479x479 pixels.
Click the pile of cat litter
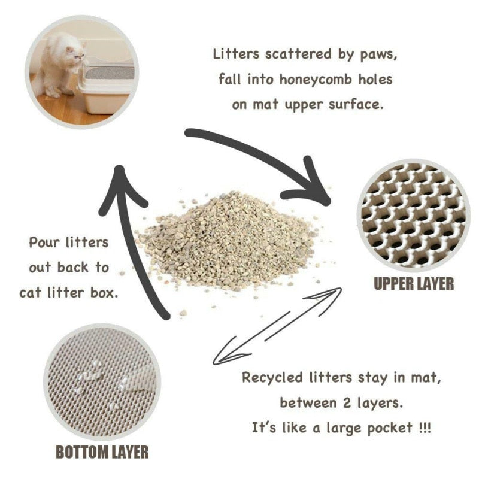228,239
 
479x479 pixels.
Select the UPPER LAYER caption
414,283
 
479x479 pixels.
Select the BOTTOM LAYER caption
102,451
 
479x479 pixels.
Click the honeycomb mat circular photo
413,216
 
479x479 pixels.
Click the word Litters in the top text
237,54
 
